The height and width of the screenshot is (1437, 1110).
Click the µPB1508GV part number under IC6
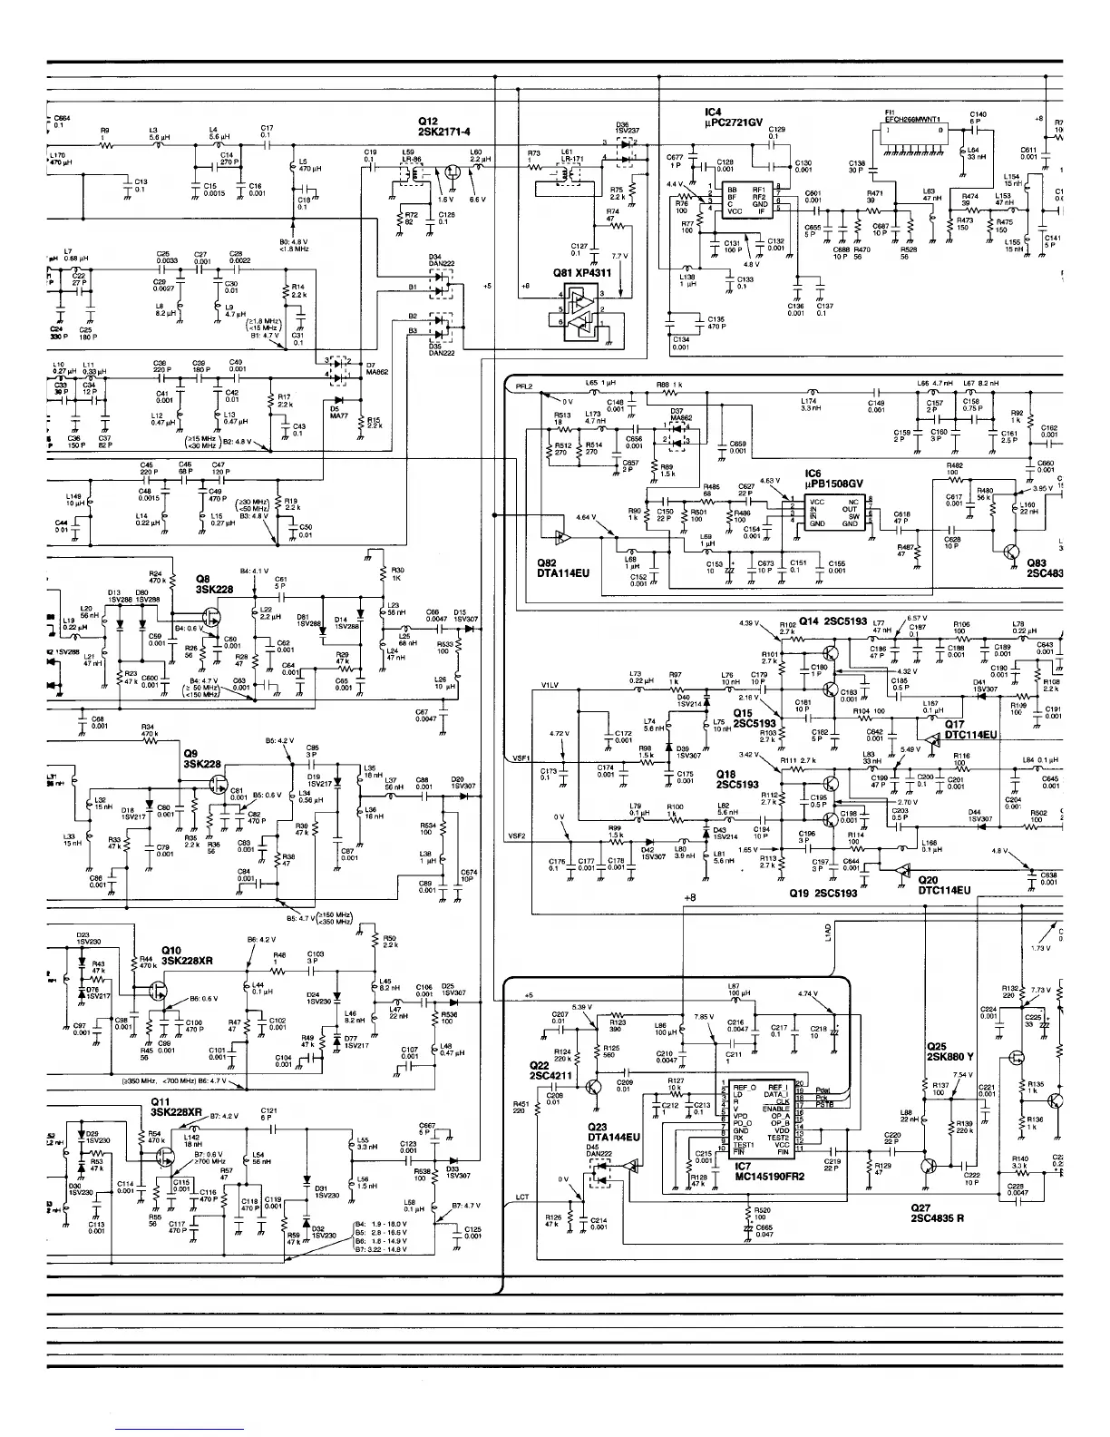[x=834, y=484]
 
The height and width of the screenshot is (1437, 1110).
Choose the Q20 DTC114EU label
[x=944, y=885]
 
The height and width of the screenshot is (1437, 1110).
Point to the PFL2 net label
[x=523, y=386]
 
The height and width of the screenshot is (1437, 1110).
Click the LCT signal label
[x=521, y=1197]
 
